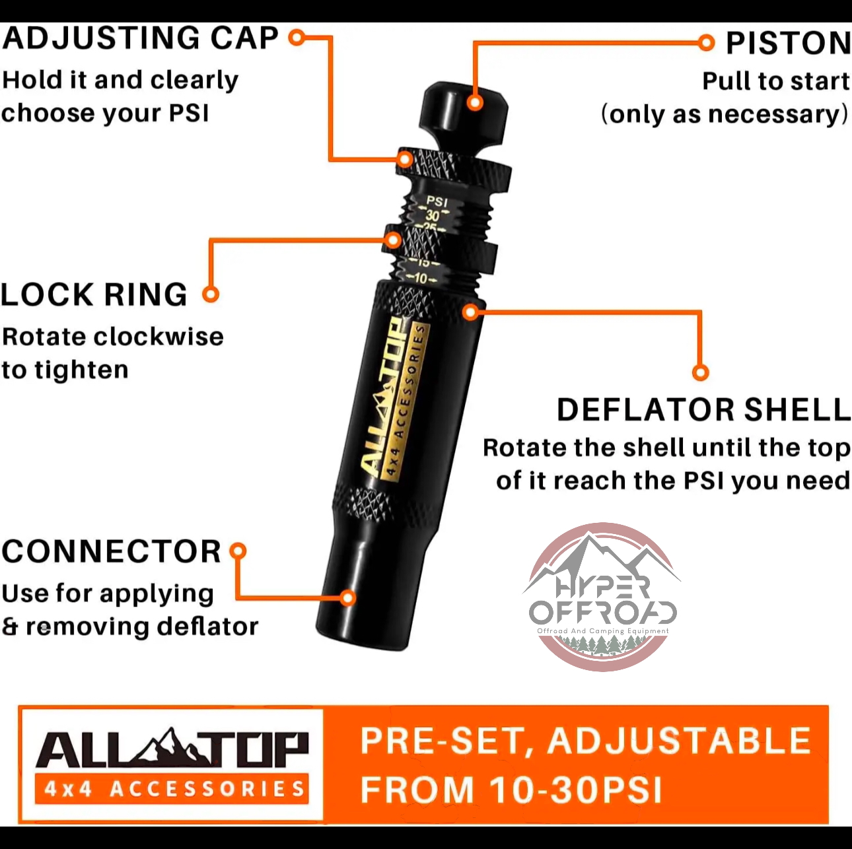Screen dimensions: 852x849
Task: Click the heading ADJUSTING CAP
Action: (140, 38)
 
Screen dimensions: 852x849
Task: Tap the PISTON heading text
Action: (789, 44)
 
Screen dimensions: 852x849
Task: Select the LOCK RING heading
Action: (94, 294)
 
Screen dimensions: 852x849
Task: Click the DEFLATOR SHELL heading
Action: (703, 410)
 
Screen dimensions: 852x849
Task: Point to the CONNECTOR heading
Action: (112, 551)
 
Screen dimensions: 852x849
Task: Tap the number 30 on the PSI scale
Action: (433, 216)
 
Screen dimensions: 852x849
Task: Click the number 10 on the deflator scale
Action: (421, 279)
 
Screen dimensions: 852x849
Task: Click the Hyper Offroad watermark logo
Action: (602, 597)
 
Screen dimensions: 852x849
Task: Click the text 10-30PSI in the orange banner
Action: (576, 790)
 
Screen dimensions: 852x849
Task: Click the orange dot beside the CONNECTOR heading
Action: (238, 551)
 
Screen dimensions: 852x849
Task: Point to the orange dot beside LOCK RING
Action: (211, 294)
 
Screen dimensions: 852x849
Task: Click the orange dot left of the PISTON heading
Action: (706, 43)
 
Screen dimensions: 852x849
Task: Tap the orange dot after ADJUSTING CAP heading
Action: (297, 38)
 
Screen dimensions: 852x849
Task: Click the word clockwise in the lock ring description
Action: (159, 337)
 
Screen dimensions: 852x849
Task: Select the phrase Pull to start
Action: (776, 82)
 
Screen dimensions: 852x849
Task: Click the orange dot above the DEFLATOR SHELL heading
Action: (700, 372)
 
